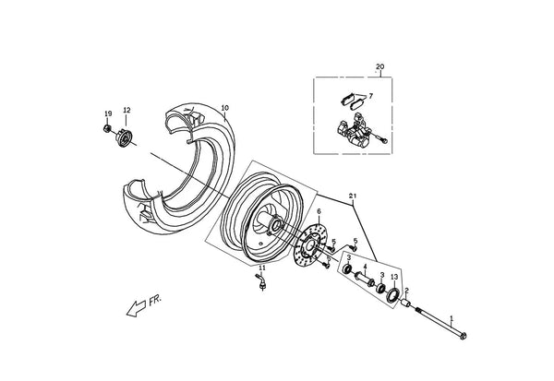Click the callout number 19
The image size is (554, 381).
[108, 113]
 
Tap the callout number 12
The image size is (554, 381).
[126, 110]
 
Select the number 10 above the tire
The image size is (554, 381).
[225, 108]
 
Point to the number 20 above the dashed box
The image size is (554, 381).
[379, 66]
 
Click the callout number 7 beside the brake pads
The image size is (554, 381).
[370, 96]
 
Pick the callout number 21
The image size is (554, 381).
[353, 196]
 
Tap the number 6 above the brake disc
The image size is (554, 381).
[319, 211]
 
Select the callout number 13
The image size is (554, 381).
[394, 277]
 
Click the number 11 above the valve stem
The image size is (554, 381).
[262, 268]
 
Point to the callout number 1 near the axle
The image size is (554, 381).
[452, 319]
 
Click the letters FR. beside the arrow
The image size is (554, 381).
[155, 301]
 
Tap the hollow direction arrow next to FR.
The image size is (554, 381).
[136, 309]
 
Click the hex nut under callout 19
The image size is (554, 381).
[107, 128]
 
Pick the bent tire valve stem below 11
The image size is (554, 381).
[260, 281]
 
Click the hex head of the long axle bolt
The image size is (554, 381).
[464, 336]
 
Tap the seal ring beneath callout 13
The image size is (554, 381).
[393, 295]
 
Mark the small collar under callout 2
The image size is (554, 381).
[405, 303]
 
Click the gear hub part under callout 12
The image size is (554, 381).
[124, 138]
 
